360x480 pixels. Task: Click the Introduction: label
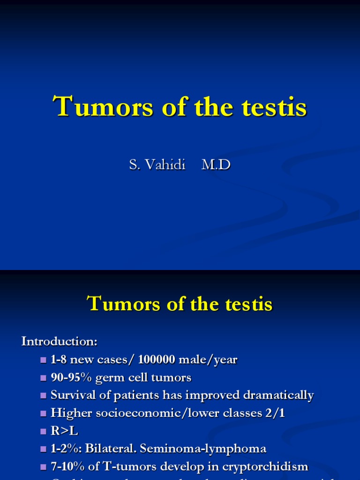(59, 341)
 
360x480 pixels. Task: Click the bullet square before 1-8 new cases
(44, 360)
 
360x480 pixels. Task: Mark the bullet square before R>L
(44, 431)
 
